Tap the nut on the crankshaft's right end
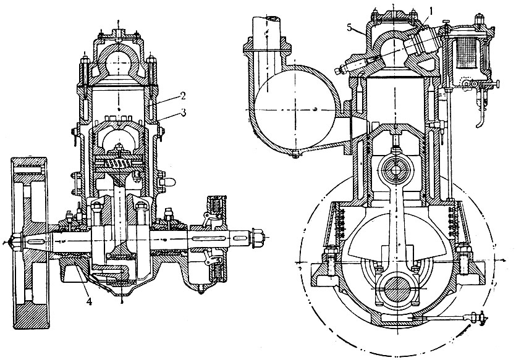[x=258, y=236]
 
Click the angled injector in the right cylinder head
[x=423, y=46]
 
